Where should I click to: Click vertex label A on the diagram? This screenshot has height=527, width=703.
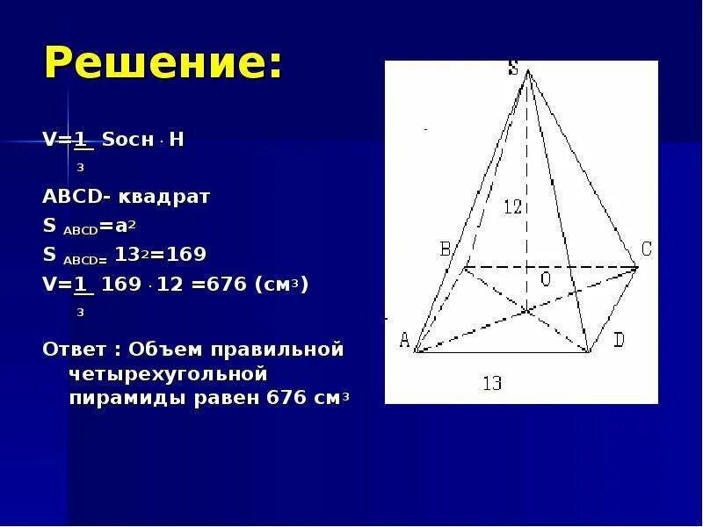(405, 341)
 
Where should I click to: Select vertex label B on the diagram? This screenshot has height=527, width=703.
(445, 249)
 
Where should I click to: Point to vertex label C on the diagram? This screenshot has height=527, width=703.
(646, 249)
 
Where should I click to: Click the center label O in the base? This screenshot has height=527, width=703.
(545, 278)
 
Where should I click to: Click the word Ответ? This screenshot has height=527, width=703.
(69, 350)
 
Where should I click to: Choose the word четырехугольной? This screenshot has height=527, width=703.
(168, 374)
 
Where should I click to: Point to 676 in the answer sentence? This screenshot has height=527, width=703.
(281, 398)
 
